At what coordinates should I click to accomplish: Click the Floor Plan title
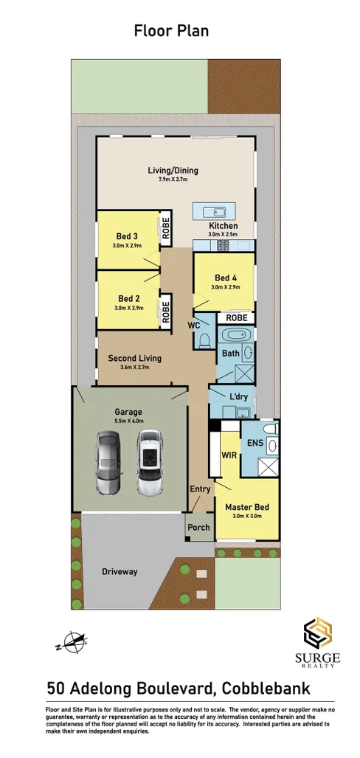[x=171, y=30]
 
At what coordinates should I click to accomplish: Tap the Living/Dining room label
[x=173, y=170]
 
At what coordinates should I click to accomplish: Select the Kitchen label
[x=223, y=225]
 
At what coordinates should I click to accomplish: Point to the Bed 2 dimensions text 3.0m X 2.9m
[x=128, y=307]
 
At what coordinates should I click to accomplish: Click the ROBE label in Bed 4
[x=236, y=317]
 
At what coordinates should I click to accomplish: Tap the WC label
[x=195, y=325]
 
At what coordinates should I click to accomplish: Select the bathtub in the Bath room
[x=238, y=337]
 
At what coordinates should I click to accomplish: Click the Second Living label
[x=134, y=358]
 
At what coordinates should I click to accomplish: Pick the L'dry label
[x=238, y=396]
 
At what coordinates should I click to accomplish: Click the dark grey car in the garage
[x=108, y=464]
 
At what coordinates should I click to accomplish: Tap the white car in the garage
[x=150, y=464]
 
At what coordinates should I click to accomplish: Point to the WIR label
[x=229, y=455]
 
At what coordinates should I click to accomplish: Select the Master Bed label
[x=246, y=507]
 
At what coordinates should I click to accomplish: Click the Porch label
[x=198, y=528]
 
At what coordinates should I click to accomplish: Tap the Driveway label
[x=120, y=571]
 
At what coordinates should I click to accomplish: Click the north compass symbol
[x=72, y=643]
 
